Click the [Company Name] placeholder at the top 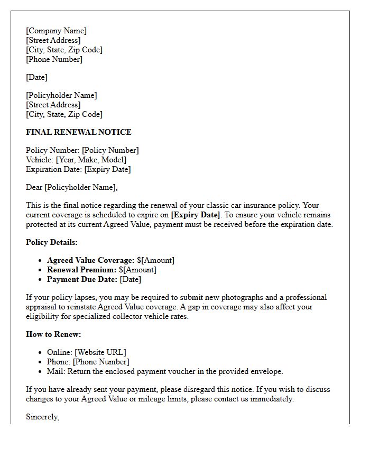click(56, 31)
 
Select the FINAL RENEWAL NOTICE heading click(79, 132)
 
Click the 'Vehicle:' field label click(40, 160)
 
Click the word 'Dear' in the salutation click(34, 187)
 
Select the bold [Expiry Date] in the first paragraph click(195, 215)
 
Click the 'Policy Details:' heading click(52, 242)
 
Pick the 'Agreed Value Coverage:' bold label click(90, 260)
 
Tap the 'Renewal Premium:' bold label click(81, 270)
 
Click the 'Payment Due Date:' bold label click(82, 279)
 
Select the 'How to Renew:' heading click(53, 334)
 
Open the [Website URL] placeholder click(100, 352)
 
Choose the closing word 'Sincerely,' click(43, 417)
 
